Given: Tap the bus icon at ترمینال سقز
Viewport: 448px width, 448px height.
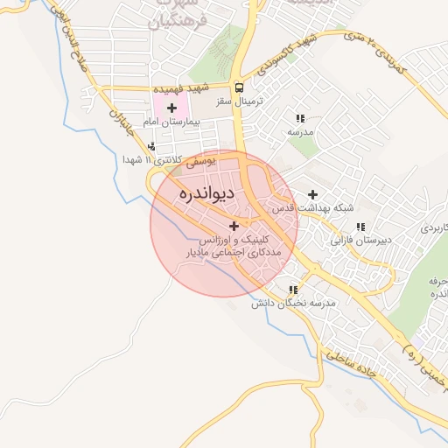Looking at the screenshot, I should (x=239, y=87).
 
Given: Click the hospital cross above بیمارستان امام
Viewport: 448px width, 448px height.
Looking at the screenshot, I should (x=171, y=107).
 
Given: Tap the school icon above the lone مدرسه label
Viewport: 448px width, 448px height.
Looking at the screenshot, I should (x=300, y=118).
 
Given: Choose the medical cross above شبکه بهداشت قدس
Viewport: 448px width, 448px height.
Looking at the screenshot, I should (x=312, y=194).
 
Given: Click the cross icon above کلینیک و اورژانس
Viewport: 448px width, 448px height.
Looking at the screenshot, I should (x=234, y=226).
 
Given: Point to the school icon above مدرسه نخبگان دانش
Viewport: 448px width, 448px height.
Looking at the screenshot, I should (x=293, y=290).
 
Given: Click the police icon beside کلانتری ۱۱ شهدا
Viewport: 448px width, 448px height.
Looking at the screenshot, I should (x=153, y=147).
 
